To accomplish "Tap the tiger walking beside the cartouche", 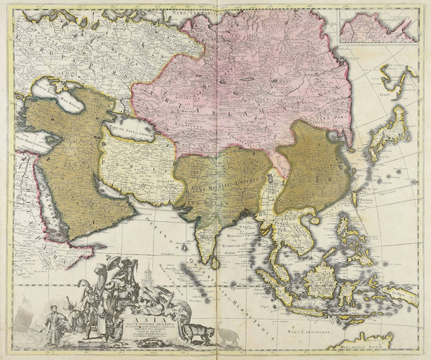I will [x=197, y=331].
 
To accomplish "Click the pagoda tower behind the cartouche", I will [x=147, y=273].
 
